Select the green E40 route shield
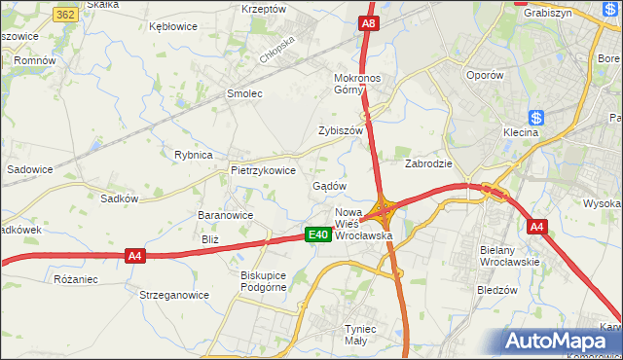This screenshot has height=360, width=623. click(x=316, y=234)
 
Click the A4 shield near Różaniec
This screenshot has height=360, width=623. click(x=135, y=256)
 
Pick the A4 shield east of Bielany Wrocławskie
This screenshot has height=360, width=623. click(x=537, y=227)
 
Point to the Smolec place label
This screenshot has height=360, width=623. click(x=244, y=94)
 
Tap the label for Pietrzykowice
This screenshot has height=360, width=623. click(x=263, y=169)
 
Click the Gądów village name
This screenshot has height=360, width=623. click(x=329, y=186)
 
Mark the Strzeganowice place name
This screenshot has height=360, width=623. click(x=174, y=295)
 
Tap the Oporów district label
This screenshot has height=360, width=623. click(x=484, y=75)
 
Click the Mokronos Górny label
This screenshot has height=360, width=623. click(x=361, y=83)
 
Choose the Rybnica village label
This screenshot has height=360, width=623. click(x=193, y=155)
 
